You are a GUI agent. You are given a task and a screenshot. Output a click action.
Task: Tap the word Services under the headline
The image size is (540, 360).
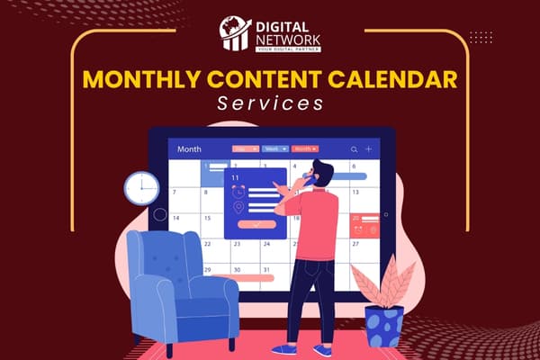(270, 104)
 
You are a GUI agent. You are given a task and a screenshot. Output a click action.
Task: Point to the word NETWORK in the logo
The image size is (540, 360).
(286, 39)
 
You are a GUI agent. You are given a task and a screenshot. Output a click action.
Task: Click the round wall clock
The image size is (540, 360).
(141, 188)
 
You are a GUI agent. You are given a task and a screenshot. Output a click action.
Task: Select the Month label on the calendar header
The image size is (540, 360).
(190, 148)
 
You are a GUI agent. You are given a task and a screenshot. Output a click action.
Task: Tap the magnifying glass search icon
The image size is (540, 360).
(355, 148)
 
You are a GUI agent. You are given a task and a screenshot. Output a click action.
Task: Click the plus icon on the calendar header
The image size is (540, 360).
(369, 148)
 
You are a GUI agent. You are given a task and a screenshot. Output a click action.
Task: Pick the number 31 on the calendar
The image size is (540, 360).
(265, 269)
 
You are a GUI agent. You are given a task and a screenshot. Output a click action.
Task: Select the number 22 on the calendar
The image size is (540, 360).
(237, 243)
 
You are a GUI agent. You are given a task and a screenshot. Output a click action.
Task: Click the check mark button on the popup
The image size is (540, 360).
(258, 224)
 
